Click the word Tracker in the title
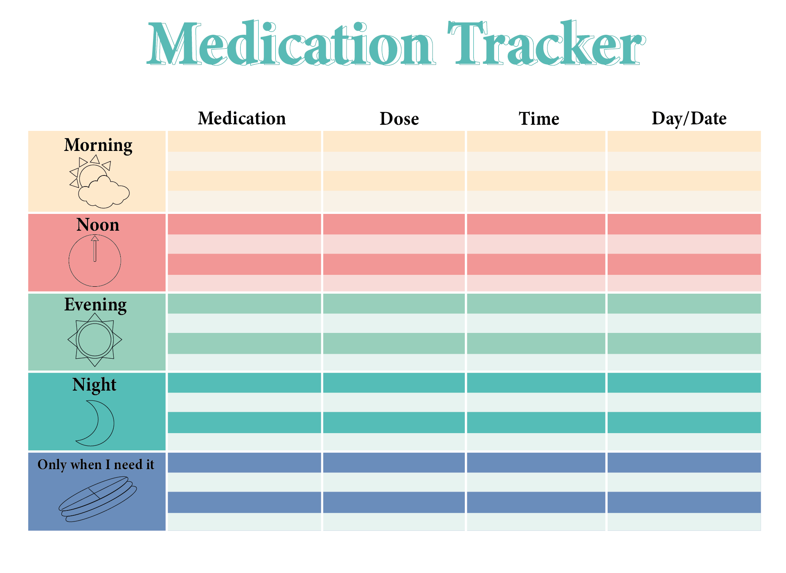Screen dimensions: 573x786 click(x=547, y=44)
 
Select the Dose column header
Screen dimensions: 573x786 click(x=399, y=119)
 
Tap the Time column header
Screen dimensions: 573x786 click(x=538, y=119)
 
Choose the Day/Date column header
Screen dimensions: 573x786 click(x=689, y=119)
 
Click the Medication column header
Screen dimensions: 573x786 click(x=241, y=119)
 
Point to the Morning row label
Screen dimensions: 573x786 click(x=98, y=145)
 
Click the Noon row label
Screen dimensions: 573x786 click(x=98, y=225)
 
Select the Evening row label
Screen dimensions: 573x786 click(x=95, y=305)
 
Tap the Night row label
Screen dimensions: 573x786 click(x=94, y=384)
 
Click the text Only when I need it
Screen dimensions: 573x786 click(x=95, y=465)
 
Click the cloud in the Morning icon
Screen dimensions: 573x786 click(x=104, y=193)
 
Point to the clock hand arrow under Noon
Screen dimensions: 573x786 click(x=95, y=248)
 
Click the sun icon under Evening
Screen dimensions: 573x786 click(x=95, y=339)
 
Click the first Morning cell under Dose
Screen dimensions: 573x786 click(x=394, y=142)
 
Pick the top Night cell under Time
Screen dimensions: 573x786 click(x=536, y=383)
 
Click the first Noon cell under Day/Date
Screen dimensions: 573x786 click(x=684, y=224)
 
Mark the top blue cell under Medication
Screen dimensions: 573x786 click(x=244, y=463)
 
